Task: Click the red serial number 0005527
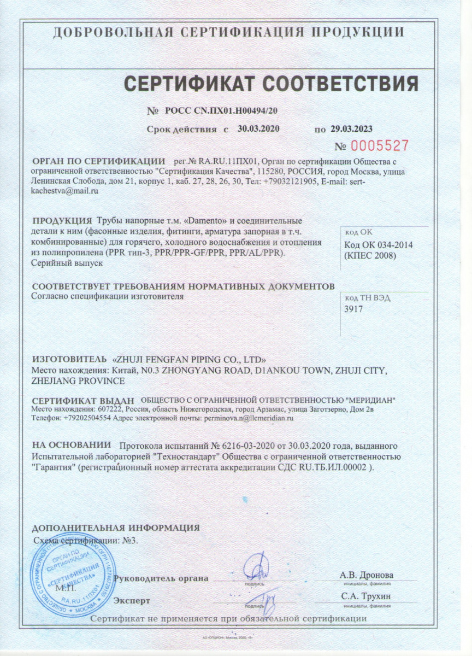click(x=380, y=145)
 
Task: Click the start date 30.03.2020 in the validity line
click(x=259, y=129)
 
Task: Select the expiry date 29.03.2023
click(x=352, y=129)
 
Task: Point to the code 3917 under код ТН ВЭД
click(x=354, y=309)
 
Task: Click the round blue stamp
click(x=67, y=574)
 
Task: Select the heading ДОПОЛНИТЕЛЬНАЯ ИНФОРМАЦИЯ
click(x=116, y=528)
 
